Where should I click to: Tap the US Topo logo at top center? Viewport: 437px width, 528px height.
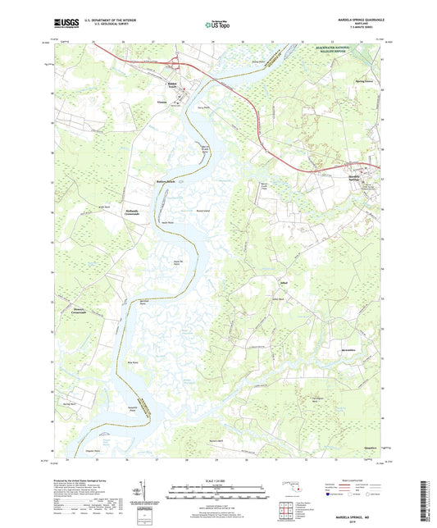pos(218,25)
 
